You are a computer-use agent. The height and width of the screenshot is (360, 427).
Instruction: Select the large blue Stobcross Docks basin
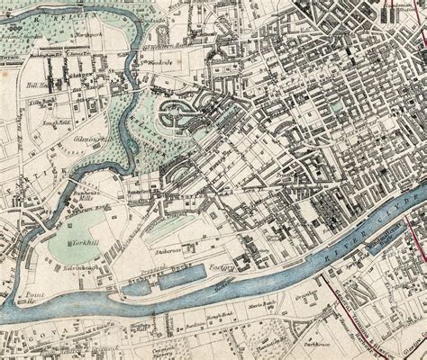[x=185, y=281]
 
